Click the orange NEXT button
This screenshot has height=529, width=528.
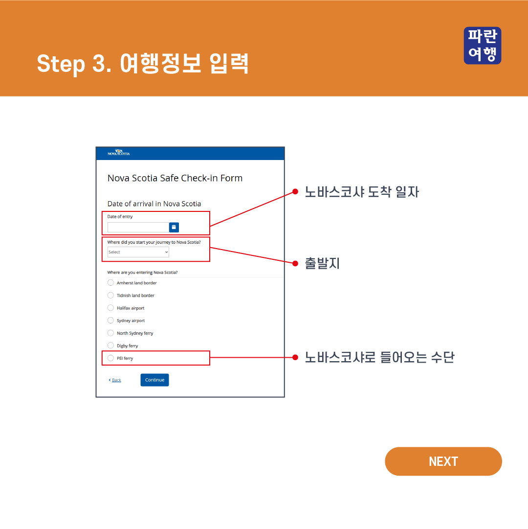point(443,461)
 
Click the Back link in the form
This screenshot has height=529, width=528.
point(116,380)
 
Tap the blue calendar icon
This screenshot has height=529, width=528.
point(174,227)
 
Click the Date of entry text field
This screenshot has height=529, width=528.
point(138,227)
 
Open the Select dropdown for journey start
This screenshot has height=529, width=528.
point(138,252)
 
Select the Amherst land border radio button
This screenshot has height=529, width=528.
point(110,283)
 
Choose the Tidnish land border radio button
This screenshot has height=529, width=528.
point(110,295)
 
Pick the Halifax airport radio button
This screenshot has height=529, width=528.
point(110,308)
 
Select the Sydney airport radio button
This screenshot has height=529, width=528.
point(110,320)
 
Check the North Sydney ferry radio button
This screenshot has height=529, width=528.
point(110,333)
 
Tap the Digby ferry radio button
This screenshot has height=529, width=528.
point(110,345)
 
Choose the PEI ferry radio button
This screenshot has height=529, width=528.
point(110,358)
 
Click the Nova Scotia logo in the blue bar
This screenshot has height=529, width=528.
point(119,153)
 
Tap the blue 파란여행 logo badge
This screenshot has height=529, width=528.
point(483,46)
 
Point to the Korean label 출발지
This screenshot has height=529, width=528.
point(322,263)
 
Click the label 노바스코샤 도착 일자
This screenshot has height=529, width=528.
point(362,192)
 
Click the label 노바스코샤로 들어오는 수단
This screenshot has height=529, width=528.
point(380,357)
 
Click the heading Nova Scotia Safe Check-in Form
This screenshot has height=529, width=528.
point(175,178)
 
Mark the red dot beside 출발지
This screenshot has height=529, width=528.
point(295,263)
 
